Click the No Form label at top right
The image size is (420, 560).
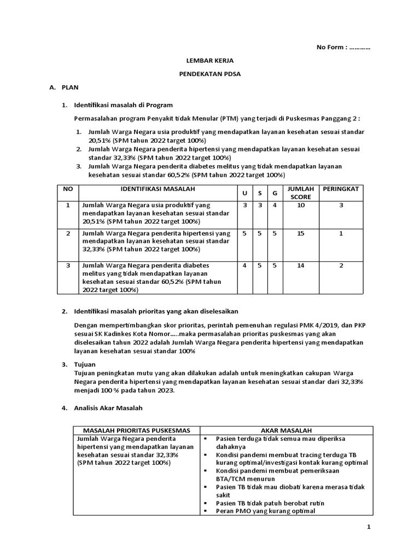[343, 47]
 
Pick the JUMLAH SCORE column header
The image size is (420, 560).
[300, 192]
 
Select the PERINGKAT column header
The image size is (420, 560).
[341, 189]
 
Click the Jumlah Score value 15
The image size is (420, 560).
[300, 234]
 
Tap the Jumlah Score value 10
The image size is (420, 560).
[300, 205]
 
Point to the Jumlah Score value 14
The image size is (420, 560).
[300, 266]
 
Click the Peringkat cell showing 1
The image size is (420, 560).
[341, 234]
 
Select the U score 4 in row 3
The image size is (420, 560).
[244, 266]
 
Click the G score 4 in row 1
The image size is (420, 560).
[275, 205]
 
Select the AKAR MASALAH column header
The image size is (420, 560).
[287, 430]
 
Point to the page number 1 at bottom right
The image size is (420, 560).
[369, 527]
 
